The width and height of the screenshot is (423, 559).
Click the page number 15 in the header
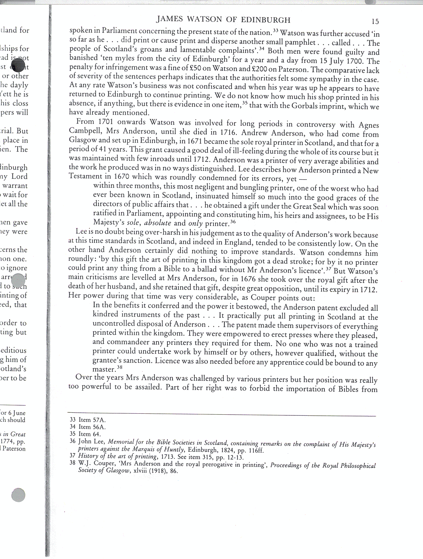[375, 22]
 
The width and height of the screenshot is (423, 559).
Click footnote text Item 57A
[92, 420]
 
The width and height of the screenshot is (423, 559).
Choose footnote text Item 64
[90, 434]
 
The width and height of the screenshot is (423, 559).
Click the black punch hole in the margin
[18, 65]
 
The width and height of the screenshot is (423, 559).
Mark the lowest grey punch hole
[18, 495]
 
